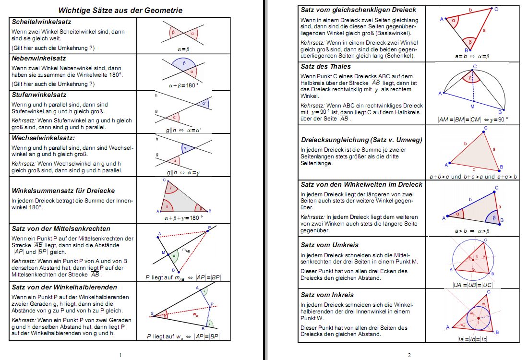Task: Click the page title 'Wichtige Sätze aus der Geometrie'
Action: (x=120, y=10)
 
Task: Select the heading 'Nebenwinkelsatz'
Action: (x=36, y=58)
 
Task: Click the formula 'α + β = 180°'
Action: (x=183, y=85)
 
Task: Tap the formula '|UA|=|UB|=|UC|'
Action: (x=473, y=285)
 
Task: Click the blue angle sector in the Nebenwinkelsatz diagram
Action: (x=179, y=63)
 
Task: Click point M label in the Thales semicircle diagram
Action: (x=472, y=107)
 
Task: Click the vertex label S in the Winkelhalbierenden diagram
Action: (x=152, y=314)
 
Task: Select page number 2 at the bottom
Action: (x=409, y=355)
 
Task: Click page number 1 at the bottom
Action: (x=120, y=355)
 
